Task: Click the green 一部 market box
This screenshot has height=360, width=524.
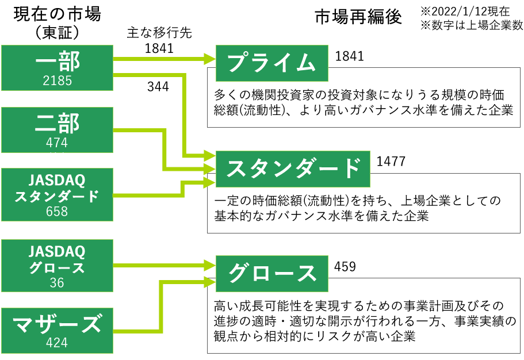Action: [57, 68]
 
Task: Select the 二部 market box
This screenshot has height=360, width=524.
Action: [57, 130]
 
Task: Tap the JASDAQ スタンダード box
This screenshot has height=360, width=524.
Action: [57, 194]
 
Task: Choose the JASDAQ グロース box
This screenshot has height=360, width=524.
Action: [57, 266]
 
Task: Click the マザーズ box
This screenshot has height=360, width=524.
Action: [57, 331]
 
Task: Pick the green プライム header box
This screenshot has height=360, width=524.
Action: [271, 63]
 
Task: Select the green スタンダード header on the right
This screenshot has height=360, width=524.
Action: [293, 169]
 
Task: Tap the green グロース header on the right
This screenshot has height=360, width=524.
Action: [271, 274]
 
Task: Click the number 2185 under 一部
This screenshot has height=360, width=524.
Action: [57, 81]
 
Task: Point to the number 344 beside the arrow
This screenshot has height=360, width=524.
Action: [158, 87]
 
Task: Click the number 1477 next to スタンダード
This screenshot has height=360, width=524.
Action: [391, 162]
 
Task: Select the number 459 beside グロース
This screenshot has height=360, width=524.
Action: [345, 267]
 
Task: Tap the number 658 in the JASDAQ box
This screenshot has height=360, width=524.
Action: [57, 211]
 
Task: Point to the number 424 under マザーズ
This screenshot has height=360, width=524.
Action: [57, 343]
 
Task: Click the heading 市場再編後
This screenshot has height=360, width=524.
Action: [358, 17]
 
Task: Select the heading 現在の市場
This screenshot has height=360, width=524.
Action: [57, 14]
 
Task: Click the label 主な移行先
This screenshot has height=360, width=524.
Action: [159, 33]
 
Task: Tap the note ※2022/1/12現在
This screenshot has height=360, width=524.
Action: [465, 12]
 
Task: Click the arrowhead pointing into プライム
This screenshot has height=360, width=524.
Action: [209, 59]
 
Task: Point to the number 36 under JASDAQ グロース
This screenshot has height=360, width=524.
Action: [57, 283]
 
